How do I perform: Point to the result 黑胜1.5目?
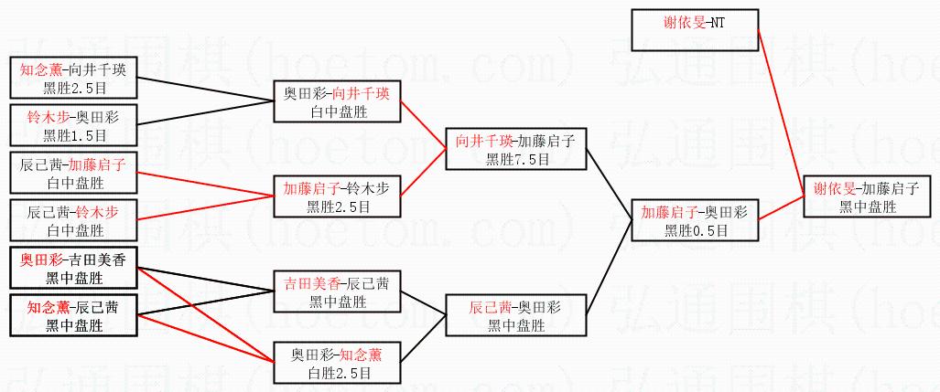[x=74, y=134]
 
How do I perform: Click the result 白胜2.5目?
[x=337, y=373]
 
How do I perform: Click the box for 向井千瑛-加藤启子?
[x=515, y=149]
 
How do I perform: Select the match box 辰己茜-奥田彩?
[x=515, y=316]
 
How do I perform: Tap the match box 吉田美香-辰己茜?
[x=337, y=291]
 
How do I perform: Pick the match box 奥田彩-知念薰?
[x=337, y=363]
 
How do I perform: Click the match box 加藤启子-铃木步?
[x=337, y=196]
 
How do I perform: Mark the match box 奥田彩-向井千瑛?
[x=337, y=101]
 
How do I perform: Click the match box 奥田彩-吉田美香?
[x=74, y=268]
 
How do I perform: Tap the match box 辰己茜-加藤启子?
[x=74, y=173]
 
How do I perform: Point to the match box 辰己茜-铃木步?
[x=74, y=220]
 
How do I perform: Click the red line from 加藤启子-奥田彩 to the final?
[x=782, y=208]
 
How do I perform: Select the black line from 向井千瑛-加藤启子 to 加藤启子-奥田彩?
[x=609, y=185]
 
